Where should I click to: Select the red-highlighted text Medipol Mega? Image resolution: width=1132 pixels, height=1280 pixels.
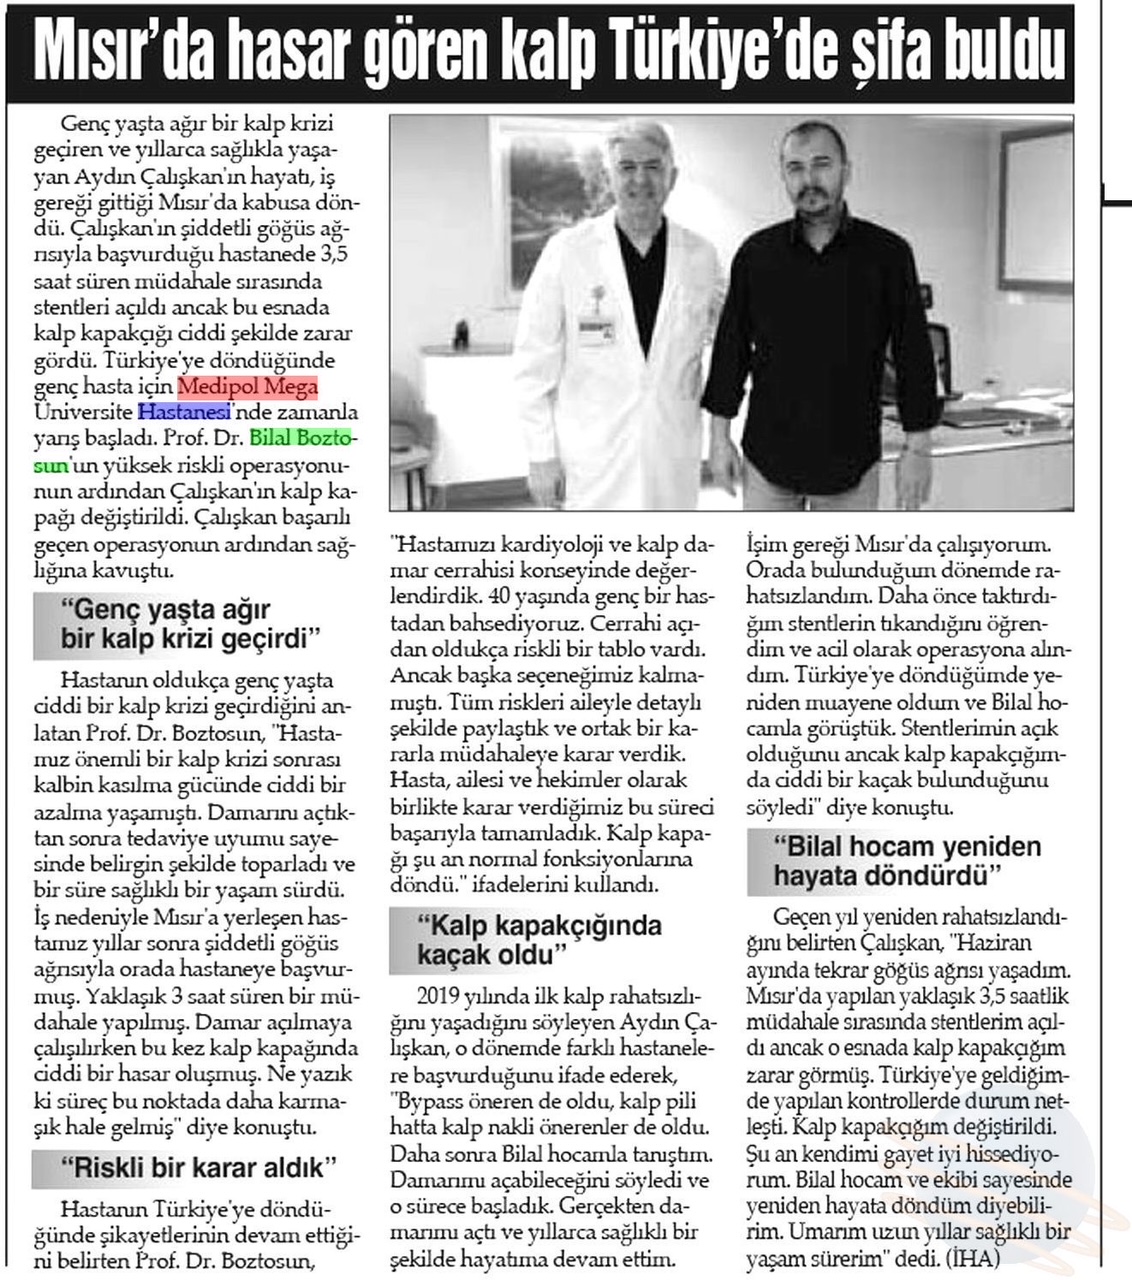point(248,386)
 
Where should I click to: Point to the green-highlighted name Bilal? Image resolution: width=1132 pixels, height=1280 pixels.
point(274,437)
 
